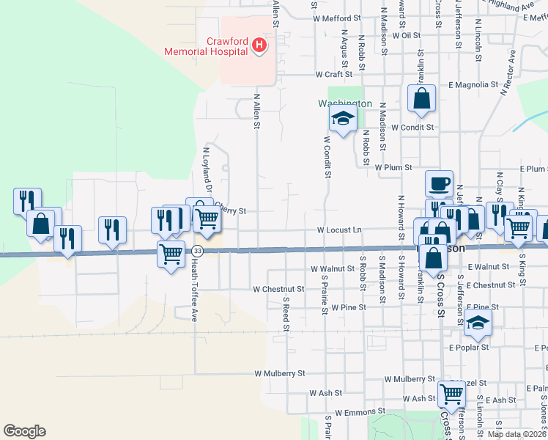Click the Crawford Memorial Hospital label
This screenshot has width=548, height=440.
205,47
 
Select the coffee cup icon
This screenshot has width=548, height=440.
439,183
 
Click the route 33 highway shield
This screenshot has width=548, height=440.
197,252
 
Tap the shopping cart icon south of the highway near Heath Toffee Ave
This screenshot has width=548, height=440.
171,254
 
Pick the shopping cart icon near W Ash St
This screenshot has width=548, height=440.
451,394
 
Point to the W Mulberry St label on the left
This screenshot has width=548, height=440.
279,373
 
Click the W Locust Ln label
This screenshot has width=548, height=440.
339,230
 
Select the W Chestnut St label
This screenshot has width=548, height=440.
278,289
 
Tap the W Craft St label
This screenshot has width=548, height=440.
334,75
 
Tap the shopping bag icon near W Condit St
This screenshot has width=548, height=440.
421,99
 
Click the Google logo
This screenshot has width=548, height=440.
24,431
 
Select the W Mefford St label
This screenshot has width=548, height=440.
337,18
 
